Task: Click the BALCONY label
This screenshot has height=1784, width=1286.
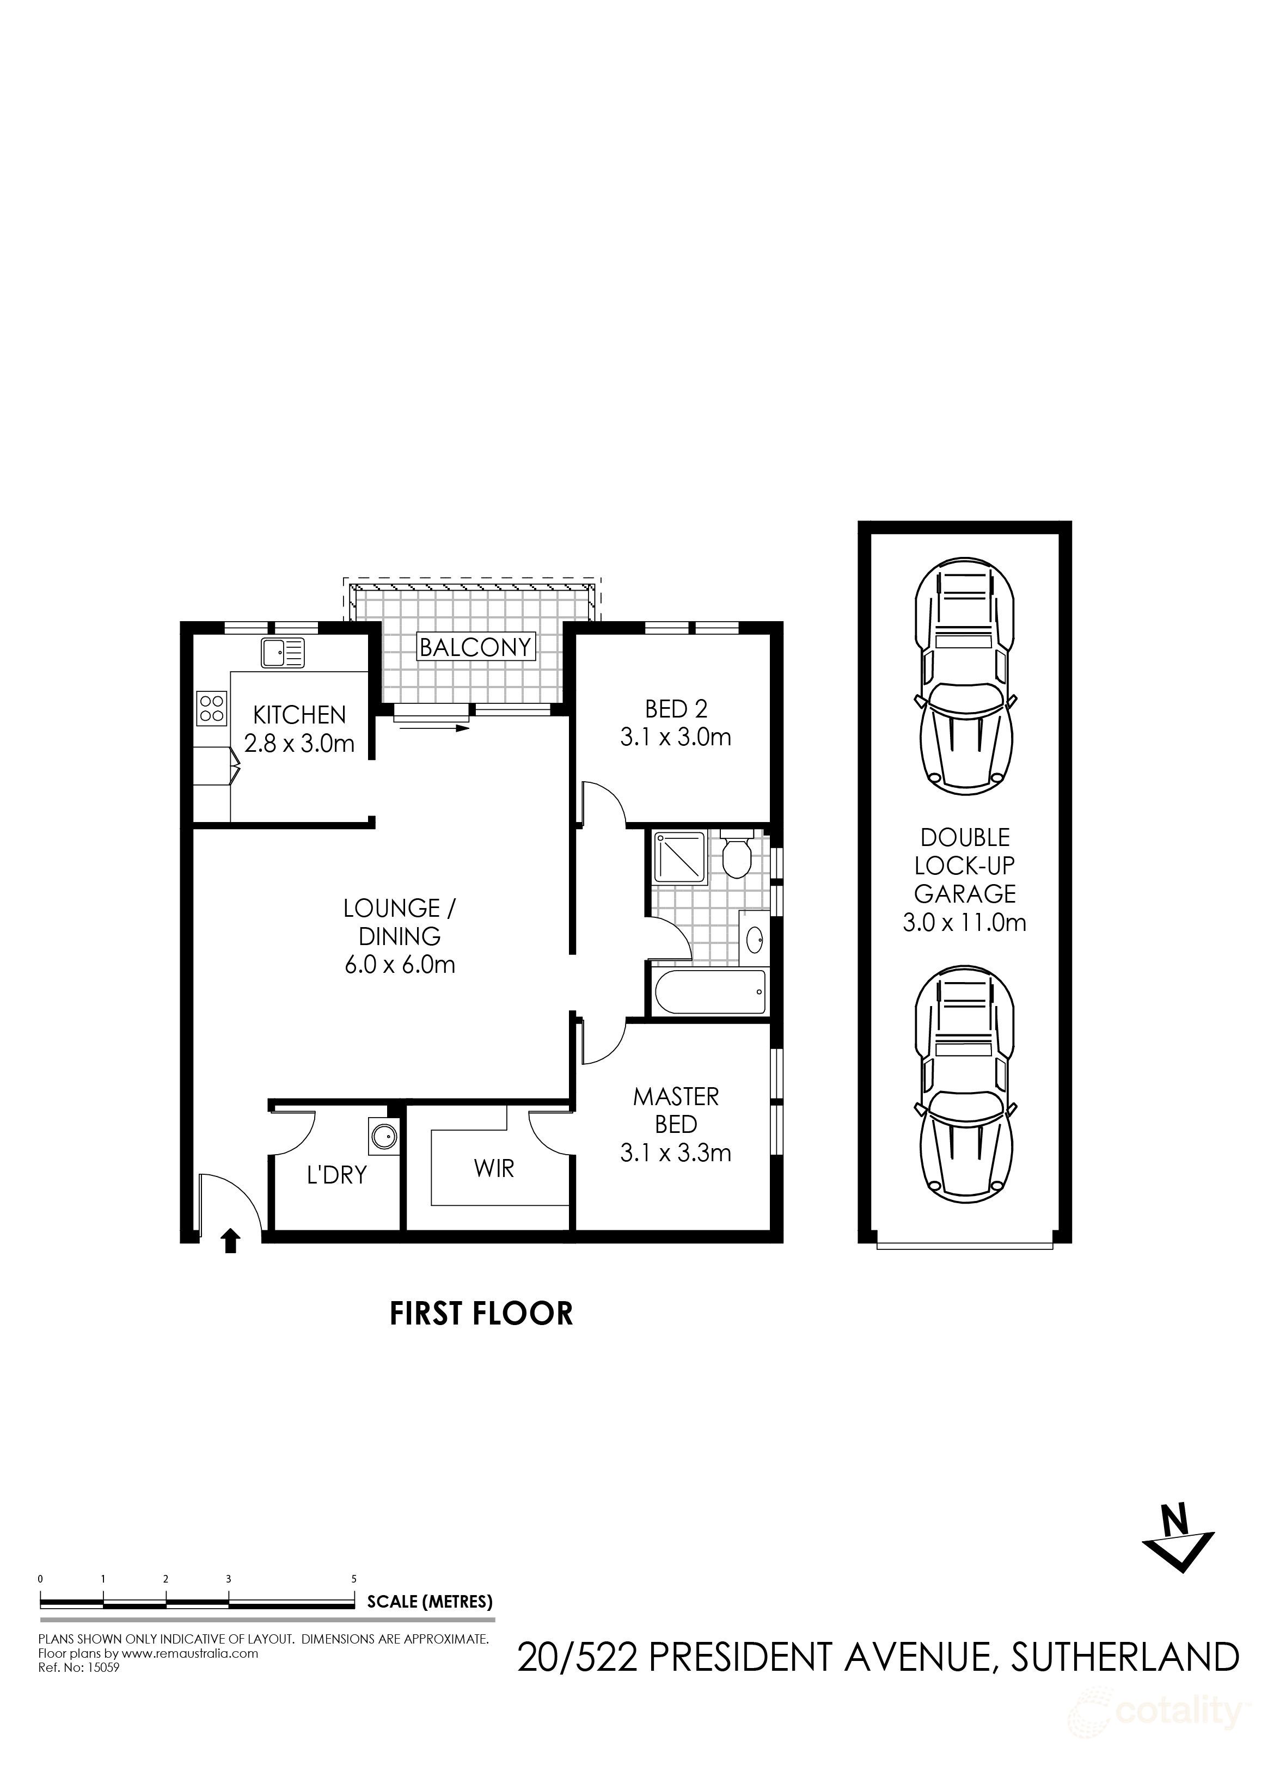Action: pyautogui.click(x=475, y=647)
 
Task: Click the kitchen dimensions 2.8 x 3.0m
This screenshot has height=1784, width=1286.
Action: pyautogui.click(x=299, y=743)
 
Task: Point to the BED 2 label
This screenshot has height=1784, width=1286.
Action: pyautogui.click(x=676, y=709)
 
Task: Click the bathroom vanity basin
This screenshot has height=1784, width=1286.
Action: pyautogui.click(x=754, y=937)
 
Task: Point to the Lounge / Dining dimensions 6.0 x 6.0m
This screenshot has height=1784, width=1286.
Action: pyautogui.click(x=400, y=964)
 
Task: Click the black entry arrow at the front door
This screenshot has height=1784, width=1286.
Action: pyautogui.click(x=230, y=1241)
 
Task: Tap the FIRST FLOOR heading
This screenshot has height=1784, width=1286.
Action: pyautogui.click(x=481, y=1314)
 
